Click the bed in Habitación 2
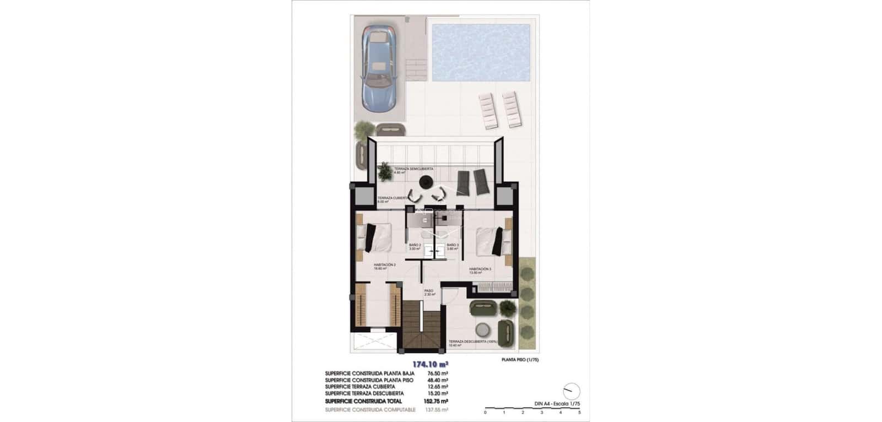[375, 237]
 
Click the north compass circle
[573, 391]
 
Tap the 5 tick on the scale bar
[579, 412]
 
